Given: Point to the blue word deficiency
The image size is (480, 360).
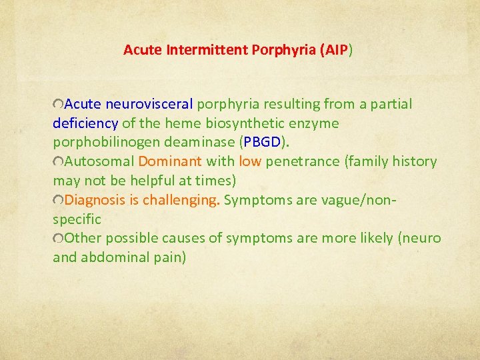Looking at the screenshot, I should pyautogui.click(x=85, y=123).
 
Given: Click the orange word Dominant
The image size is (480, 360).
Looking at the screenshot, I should pyautogui.click(x=170, y=161).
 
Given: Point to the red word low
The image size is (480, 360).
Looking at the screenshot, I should pyautogui.click(x=250, y=161).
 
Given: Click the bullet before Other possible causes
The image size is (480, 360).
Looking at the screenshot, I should pyautogui.click(x=59, y=239).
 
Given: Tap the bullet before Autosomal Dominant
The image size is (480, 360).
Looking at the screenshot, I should pyautogui.click(x=59, y=162).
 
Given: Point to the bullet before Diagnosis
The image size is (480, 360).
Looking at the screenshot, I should pyautogui.click(x=59, y=201).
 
